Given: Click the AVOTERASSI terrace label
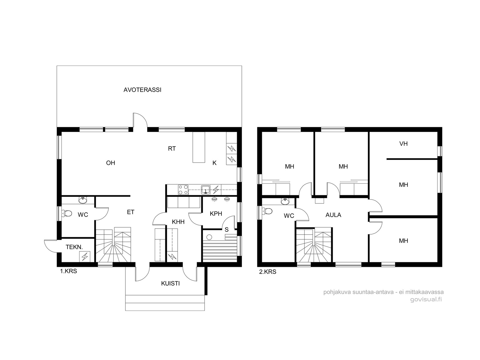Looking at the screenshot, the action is click(142, 90).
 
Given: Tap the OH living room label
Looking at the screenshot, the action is click(110, 163).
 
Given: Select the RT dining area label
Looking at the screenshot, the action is click(172, 148).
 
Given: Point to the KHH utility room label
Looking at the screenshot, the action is click(178, 222).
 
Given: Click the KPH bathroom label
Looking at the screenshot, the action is click(216, 214).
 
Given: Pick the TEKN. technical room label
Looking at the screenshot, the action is click(74, 247).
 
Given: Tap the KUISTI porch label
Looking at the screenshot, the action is click(170, 283).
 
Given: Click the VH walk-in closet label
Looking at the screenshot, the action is click(403, 144).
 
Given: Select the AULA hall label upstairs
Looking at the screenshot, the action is click(333, 215).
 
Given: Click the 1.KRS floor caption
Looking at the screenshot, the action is click(68, 271).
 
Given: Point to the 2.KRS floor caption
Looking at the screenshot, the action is click(268, 272).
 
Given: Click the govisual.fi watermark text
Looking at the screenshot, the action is click(426, 299).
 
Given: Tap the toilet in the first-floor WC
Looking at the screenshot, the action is click(67, 213).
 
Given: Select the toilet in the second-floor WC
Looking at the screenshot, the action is click(267, 211).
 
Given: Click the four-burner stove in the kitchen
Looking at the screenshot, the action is click(183, 190).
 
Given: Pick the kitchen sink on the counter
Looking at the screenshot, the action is click(205, 190).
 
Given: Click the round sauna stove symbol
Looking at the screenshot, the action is click(209, 237).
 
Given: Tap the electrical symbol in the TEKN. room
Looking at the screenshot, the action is click(85, 256).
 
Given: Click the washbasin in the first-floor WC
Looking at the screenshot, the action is click(83, 200).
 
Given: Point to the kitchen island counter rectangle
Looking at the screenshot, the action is click(199, 147).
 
